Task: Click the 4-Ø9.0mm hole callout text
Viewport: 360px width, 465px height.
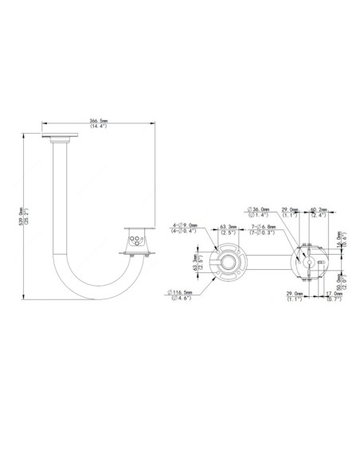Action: click(x=186, y=230)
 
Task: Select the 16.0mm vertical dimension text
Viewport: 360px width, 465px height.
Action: click(x=340, y=240)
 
